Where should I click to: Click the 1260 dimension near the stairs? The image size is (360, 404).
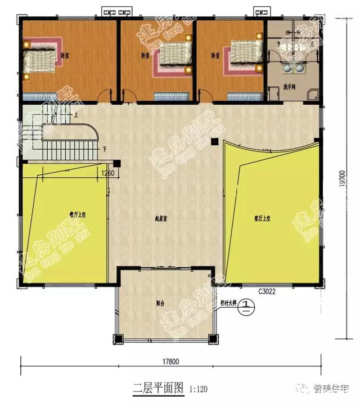coord(108,173)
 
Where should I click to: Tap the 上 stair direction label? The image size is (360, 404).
coord(75,115)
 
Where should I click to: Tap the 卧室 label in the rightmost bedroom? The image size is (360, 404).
coord(215,56)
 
